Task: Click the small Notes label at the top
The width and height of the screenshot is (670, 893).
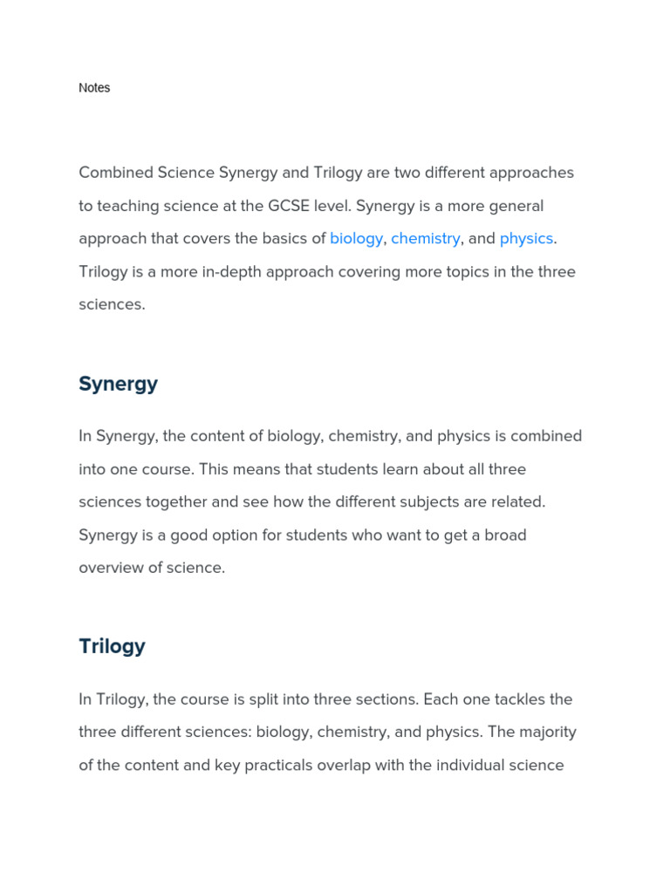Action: tap(94, 88)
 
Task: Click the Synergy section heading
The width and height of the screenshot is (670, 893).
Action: tap(118, 384)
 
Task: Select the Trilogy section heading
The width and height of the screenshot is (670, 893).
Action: tap(112, 646)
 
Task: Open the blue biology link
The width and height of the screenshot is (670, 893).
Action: tap(356, 238)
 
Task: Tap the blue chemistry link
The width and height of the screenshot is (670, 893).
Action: tap(425, 238)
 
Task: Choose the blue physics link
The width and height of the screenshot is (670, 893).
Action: tap(526, 238)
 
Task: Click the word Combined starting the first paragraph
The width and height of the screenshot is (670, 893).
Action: tap(116, 173)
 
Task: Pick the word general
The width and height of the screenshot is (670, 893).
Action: tap(515, 206)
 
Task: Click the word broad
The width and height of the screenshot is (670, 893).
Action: tap(504, 535)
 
